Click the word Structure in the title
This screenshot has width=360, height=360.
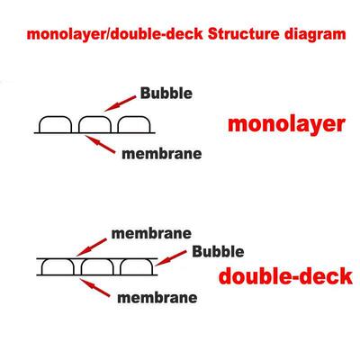[x=244, y=34]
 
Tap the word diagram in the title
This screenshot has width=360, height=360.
[x=315, y=35]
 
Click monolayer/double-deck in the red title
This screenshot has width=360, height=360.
[x=115, y=34]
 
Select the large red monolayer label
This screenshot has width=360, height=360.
[x=286, y=125]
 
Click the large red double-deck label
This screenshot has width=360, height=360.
[x=285, y=276]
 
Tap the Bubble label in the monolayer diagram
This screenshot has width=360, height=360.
[x=166, y=93]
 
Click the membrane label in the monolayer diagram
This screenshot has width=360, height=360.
[x=162, y=154]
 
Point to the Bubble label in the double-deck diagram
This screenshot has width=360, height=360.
[x=218, y=251]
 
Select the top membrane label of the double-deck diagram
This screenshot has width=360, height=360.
[x=151, y=233]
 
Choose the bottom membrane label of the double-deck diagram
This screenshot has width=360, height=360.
[x=157, y=298]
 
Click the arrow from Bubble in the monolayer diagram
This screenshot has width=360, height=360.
[x=120, y=103]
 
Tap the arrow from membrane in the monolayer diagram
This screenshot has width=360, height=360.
[x=100, y=144]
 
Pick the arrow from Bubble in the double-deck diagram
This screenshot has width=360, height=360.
[x=170, y=258]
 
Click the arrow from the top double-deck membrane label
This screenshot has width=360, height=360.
[x=91, y=247]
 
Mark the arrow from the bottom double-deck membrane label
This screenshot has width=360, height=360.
[x=94, y=288]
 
